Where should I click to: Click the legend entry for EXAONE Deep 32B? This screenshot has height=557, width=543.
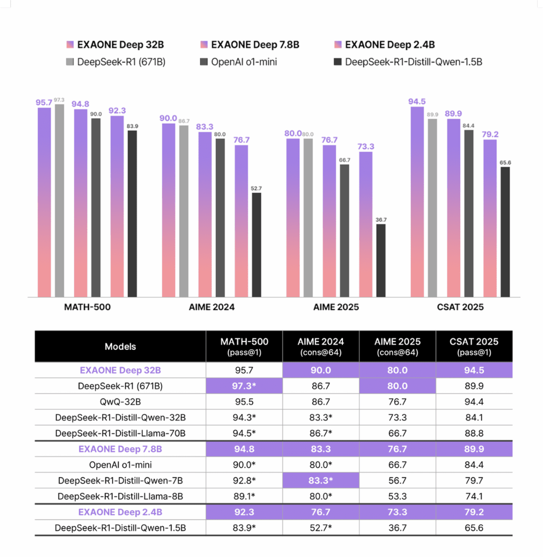click(x=115, y=45)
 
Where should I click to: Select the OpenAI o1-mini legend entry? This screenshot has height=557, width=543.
click(x=239, y=62)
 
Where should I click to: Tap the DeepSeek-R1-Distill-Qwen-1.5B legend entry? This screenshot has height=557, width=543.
click(x=408, y=62)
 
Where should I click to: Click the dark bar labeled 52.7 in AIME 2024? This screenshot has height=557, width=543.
click(x=257, y=245)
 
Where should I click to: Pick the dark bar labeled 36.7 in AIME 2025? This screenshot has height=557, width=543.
click(x=381, y=261)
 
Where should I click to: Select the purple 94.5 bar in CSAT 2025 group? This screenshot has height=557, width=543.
click(x=417, y=202)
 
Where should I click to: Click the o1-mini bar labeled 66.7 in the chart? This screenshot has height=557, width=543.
click(x=344, y=231)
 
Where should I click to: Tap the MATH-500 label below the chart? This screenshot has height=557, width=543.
click(x=87, y=307)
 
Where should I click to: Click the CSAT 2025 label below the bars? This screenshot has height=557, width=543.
click(x=460, y=307)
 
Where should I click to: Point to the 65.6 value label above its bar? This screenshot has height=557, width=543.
click(x=505, y=163)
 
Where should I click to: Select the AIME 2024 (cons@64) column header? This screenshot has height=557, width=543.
click(x=321, y=347)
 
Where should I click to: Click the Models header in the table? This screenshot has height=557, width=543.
click(x=120, y=347)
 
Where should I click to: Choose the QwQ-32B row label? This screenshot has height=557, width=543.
click(x=120, y=402)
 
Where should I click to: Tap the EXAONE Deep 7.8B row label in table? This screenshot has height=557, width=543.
click(x=120, y=449)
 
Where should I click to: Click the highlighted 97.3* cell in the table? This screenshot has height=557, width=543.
click(x=244, y=386)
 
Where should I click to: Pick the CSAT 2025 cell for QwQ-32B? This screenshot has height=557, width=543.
click(x=474, y=402)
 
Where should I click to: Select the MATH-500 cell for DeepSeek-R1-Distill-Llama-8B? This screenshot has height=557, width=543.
click(x=244, y=496)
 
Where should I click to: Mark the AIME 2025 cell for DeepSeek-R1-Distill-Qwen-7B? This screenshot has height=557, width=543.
click(x=397, y=480)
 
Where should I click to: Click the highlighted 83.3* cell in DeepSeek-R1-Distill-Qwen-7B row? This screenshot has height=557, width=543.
click(x=321, y=480)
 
